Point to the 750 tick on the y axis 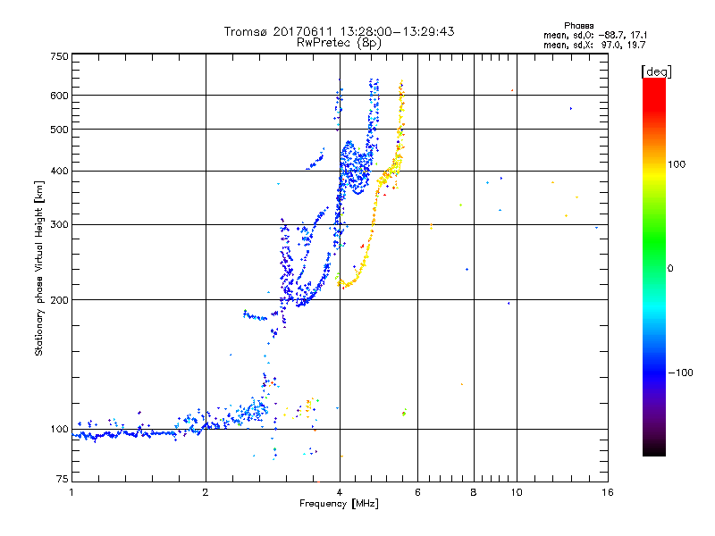coord(58,56)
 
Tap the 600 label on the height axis coord(58,96)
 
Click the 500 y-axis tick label coord(58,130)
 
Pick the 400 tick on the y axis coord(58,171)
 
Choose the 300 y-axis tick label coord(58,224)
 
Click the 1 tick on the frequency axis coord(71,492)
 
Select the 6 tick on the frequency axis coord(417,492)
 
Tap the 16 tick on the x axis coord(607,492)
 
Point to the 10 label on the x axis coord(515,492)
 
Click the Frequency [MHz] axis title coord(339,505)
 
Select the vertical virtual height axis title coord(39,269)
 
